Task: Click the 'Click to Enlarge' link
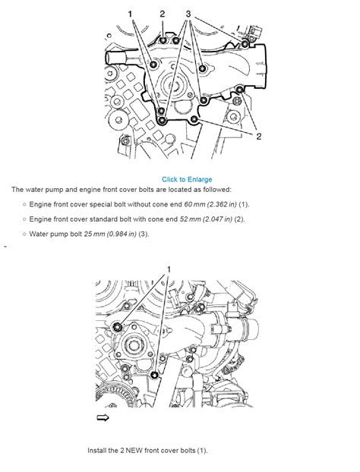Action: pos(186,179)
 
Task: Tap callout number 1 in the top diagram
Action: pos(131,14)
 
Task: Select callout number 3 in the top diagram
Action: pos(188,14)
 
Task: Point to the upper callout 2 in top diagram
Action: pos(162,14)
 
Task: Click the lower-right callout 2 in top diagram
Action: pos(259,136)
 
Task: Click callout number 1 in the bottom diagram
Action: pos(169,269)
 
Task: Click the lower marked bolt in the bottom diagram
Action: pos(155,376)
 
